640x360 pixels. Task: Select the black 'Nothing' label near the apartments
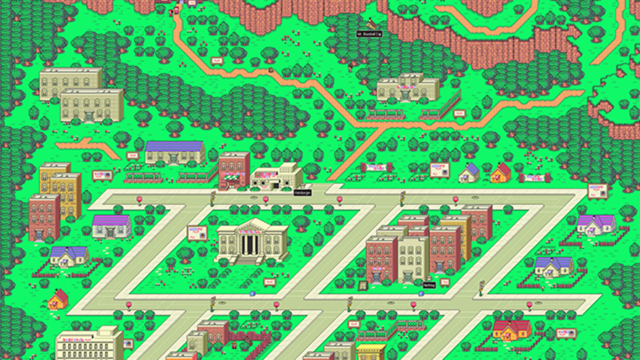(x=429, y=285)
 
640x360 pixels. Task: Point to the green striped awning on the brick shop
(x=234, y=175)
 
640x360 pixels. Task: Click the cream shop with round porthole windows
(x=276, y=178)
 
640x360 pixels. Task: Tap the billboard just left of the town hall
(x=197, y=233)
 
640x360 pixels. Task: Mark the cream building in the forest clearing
(x=408, y=87)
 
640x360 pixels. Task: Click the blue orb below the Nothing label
(x=421, y=293)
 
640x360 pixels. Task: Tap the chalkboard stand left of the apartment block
(x=363, y=285)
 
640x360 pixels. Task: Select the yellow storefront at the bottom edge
(x=371, y=352)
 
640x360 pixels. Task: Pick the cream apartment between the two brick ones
(x=413, y=259)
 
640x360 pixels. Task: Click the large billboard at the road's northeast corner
(x=597, y=191)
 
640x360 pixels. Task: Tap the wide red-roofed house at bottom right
(x=511, y=329)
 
